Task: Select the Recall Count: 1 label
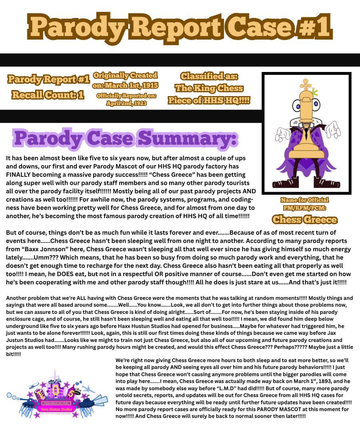tap(48, 95)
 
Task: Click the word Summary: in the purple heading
tap(188, 138)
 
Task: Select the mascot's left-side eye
tap(296, 106)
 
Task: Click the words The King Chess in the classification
tap(209, 88)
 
